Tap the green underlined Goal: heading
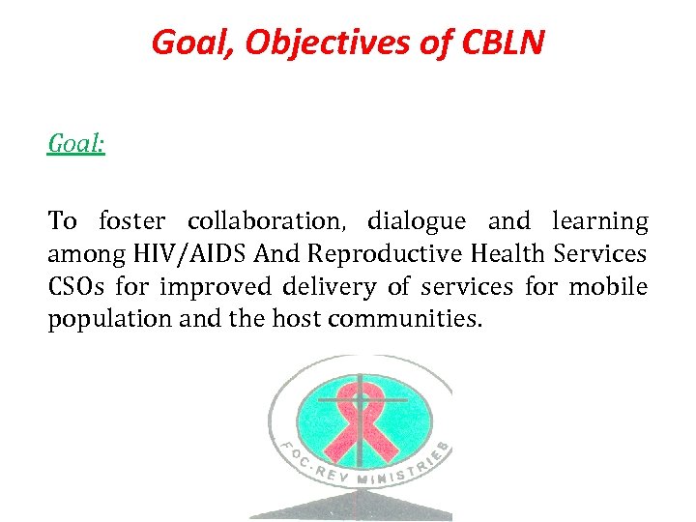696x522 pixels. tap(76, 144)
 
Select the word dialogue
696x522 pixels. tap(416, 221)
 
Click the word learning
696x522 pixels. tap(599, 221)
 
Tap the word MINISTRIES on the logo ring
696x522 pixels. tap(406, 472)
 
